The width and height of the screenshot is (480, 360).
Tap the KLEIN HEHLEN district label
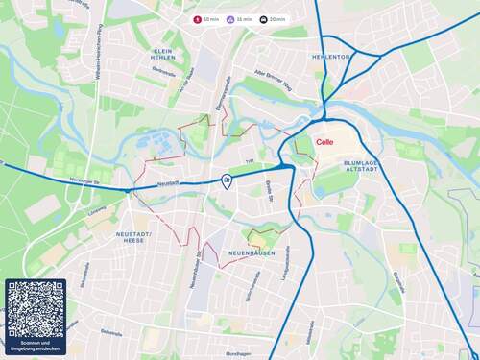coord(163,55)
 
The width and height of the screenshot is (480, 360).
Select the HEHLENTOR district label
coord(331,57)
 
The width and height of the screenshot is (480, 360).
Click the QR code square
coord(36,309)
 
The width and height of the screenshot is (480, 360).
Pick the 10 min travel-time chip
coord(207,19)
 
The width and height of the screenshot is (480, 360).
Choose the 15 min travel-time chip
coord(240,19)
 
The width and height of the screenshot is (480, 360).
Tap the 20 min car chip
coord(274,19)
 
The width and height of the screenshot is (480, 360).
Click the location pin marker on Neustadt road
coord(227,180)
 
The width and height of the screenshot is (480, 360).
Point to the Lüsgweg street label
coord(96,210)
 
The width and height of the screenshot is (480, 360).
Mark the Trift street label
coord(249,161)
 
